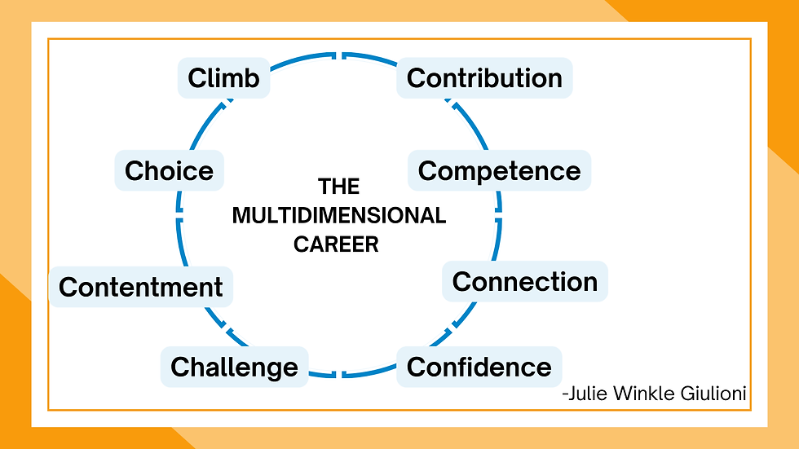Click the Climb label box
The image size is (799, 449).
click(x=223, y=78)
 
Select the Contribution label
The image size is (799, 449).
click(x=484, y=78)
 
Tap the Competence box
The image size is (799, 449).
click(x=499, y=171)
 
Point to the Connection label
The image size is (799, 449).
click(x=524, y=282)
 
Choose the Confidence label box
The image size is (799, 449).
click(x=479, y=367)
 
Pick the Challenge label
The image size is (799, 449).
click(x=234, y=367)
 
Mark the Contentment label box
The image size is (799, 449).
click(x=140, y=287)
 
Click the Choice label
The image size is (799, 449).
click(x=169, y=171)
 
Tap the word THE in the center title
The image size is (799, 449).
click(x=338, y=187)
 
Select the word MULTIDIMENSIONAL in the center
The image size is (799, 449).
click(x=338, y=216)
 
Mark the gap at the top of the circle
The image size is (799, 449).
click(x=338, y=55)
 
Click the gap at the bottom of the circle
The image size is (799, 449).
click(x=338, y=374)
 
